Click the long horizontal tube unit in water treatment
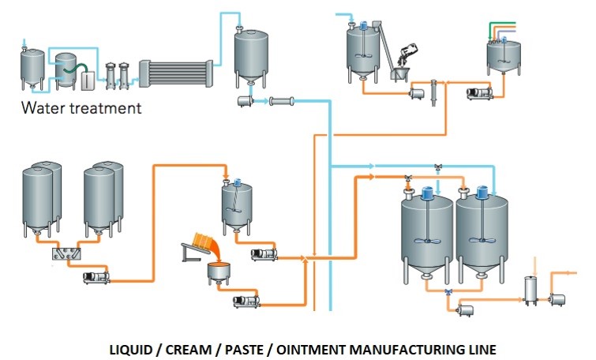coord(177,73)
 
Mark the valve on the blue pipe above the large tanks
coord(438,167)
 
